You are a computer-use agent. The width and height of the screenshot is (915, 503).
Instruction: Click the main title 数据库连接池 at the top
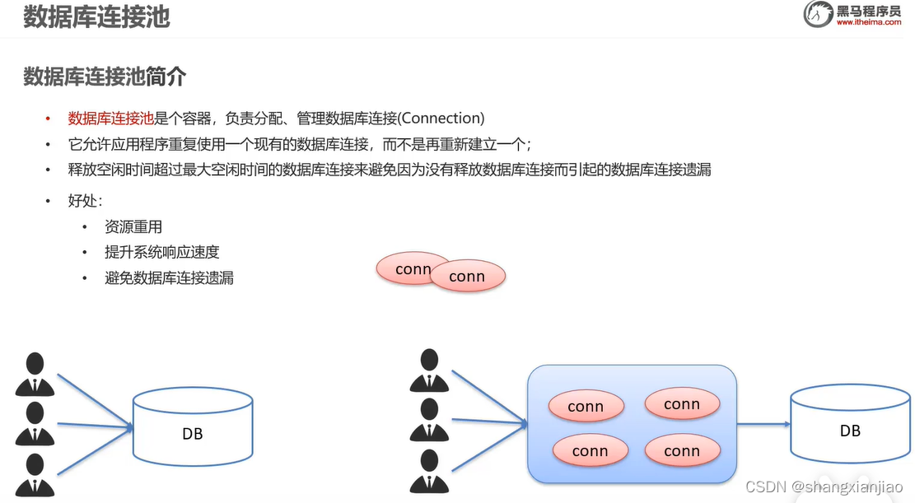(x=96, y=17)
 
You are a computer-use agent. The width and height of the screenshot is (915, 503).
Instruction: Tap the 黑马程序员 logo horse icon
(x=819, y=15)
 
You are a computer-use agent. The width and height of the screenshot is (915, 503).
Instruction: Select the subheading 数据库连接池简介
(x=105, y=77)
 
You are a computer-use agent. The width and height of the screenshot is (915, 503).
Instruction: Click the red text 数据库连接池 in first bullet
(x=110, y=118)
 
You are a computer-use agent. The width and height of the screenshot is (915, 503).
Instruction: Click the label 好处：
(x=85, y=201)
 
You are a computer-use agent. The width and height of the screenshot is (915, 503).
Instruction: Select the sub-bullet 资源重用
(x=133, y=227)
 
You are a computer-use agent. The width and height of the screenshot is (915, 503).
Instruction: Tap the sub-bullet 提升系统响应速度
(x=162, y=252)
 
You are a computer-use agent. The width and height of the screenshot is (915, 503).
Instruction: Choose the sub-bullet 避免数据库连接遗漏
(x=169, y=278)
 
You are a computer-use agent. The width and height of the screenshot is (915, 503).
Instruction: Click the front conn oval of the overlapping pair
(x=467, y=277)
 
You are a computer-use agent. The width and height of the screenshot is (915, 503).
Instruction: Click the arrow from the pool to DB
(x=763, y=425)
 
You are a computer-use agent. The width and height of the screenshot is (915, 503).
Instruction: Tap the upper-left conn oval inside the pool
(x=586, y=407)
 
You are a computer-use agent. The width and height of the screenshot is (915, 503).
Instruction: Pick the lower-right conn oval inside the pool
(x=682, y=451)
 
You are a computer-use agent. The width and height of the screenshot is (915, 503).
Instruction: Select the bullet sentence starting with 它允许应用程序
(x=300, y=144)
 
